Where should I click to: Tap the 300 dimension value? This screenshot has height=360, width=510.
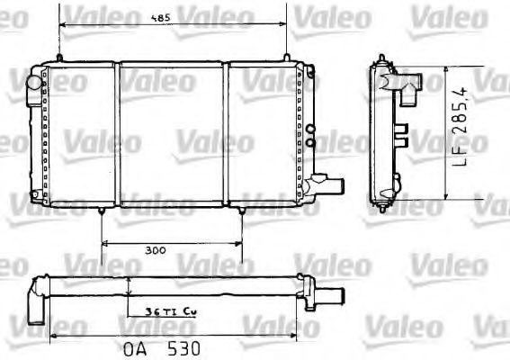tap(154, 252)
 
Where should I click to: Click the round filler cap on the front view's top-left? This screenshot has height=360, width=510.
tap(35, 82)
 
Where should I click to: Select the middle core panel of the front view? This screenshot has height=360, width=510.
tap(172, 135)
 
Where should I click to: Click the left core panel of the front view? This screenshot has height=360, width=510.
tap(85, 135)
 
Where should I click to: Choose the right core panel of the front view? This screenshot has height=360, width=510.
tap(264, 135)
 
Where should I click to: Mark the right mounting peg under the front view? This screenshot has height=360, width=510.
tap(242, 211)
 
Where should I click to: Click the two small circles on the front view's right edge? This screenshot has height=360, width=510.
tap(310, 135)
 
